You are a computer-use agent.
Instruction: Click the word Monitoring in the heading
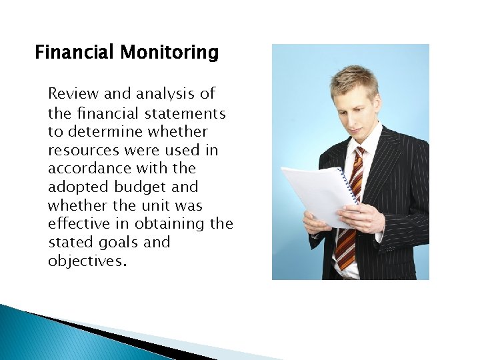[169, 52]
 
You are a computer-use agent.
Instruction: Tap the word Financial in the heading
[75, 52]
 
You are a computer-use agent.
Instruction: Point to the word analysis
[167, 94]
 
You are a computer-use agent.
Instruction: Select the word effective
[79, 224]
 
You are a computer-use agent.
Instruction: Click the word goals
[117, 243]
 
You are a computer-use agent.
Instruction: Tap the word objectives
[85, 261]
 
